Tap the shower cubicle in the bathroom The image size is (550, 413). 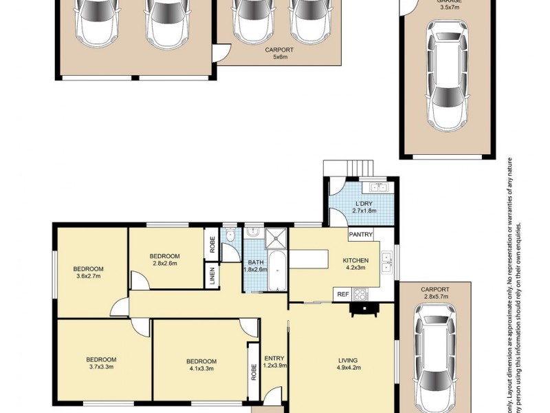276,237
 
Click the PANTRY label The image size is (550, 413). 361,235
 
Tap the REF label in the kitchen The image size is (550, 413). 342,295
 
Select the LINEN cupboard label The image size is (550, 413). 212,276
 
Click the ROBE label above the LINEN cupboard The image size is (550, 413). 212,244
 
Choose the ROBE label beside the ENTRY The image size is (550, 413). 252,372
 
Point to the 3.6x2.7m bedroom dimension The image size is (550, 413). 89,277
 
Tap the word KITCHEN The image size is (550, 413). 356,260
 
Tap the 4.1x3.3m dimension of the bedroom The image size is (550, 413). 201,370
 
